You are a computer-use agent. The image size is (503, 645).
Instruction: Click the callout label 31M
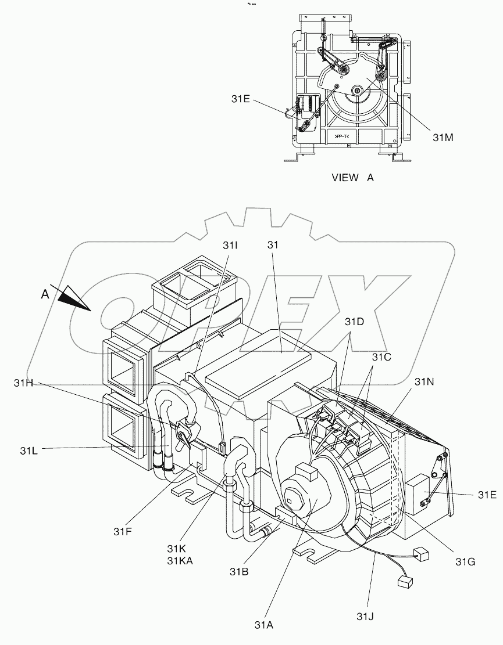(443, 137)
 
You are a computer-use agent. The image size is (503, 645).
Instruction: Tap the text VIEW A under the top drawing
(352, 178)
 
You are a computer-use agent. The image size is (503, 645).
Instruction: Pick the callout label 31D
(355, 322)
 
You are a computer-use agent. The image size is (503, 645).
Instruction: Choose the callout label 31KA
(180, 560)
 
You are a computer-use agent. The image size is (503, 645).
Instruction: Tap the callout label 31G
(465, 561)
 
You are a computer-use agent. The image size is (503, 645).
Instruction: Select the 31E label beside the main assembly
(487, 495)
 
